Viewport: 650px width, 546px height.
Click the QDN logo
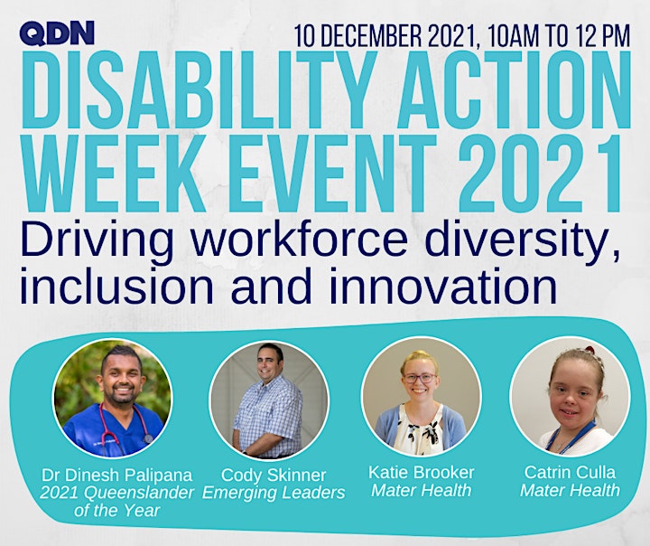[57, 33]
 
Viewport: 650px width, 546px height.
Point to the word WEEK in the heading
[114, 174]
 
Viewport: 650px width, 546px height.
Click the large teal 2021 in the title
[540, 174]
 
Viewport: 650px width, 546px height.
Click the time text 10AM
[513, 36]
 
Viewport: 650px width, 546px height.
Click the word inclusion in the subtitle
[116, 286]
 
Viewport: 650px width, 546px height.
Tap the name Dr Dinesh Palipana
[117, 475]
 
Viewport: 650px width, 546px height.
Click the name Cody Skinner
[274, 475]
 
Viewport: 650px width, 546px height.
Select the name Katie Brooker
[422, 472]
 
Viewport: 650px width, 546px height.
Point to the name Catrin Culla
[570, 472]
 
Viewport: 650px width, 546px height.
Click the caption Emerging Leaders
[274, 493]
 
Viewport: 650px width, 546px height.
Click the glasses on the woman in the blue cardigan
[420, 378]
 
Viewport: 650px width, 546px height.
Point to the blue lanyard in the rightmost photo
[571, 438]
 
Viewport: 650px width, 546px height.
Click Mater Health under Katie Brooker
[422, 490]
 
